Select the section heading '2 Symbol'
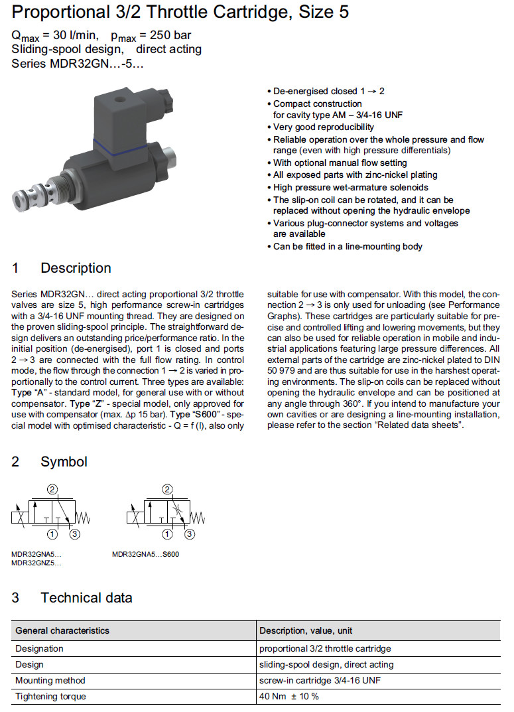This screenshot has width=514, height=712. click(x=50, y=461)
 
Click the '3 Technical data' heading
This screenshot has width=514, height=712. click(x=72, y=597)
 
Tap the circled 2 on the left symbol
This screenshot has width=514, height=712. click(x=54, y=490)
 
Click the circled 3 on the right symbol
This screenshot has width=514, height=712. click(x=190, y=534)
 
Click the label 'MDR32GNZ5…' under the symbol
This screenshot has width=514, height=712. click(x=36, y=563)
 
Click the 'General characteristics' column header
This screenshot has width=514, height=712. click(x=62, y=630)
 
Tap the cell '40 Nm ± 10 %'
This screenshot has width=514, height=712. click(x=289, y=696)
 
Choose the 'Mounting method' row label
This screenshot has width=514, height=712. click(x=50, y=680)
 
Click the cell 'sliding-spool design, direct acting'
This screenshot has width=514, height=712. click(x=326, y=664)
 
